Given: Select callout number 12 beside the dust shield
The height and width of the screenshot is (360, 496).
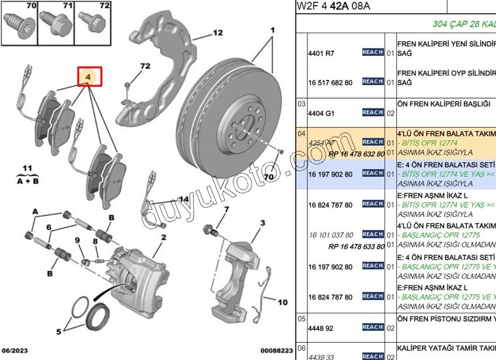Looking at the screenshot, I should pos(218,33).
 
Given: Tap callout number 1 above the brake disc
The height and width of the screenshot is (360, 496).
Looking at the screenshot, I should pos(272,29).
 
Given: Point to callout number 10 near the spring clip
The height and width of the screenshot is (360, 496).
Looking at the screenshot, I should pos(282,302).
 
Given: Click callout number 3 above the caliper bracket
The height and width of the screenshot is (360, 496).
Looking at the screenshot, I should pos(263,223).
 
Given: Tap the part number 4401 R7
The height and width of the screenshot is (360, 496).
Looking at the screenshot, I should pos(321,54).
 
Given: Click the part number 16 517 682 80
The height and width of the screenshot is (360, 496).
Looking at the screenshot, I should pos(330,83).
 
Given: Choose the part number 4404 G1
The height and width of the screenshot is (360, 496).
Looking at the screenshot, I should pos(321,113).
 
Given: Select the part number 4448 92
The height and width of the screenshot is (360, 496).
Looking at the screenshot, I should pos(320,328).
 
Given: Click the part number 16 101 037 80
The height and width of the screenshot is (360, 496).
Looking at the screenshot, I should pos(330,235).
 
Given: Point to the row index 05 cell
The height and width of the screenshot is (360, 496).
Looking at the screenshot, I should pos(302,319).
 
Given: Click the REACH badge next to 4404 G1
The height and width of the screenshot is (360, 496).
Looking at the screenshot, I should pos(373,112).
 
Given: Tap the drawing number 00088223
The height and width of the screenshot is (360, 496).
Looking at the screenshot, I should pos(277,351).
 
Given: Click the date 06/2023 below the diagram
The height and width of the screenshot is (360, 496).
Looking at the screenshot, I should pos(15,351).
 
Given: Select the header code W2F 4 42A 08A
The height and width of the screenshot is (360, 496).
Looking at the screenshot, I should pos(333,6).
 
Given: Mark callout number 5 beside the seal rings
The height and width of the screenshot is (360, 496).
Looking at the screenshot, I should pos(58,332).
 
